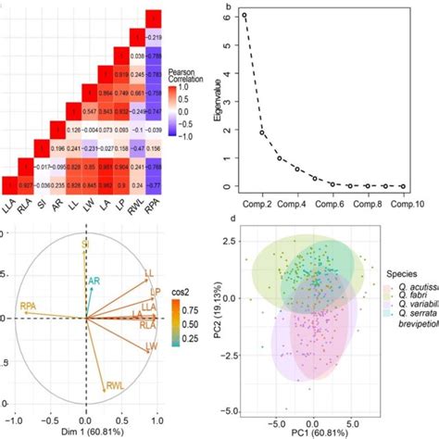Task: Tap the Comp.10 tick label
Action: [x=401, y=200]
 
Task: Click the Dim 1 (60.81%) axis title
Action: [x=85, y=431]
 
